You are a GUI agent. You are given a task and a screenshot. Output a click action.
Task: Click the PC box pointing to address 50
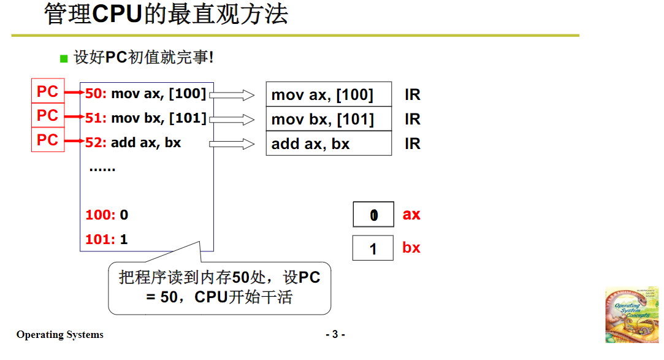pos(47,91)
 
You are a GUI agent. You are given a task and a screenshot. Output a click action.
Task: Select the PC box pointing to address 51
pos(47,115)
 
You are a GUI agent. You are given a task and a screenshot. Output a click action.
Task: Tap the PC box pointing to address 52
pos(47,140)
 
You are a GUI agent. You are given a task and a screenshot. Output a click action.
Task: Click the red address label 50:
pos(96,94)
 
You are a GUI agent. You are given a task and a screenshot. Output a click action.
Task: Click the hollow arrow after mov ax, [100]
pos(232,95)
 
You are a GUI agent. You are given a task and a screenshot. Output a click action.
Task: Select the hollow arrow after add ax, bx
pos(232,144)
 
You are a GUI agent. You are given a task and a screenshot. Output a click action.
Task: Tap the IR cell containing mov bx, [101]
pos(328,119)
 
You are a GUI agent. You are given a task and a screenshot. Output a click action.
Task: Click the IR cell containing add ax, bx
pos(328,144)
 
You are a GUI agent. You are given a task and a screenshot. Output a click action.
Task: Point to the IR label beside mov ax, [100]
pos(412,95)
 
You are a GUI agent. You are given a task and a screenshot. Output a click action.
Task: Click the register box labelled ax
pos(373,215)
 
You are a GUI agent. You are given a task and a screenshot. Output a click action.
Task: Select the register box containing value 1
pos(373,248)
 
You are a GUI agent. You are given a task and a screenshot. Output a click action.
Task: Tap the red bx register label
pos(411,248)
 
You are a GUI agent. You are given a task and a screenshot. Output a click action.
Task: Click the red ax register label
pos(411,215)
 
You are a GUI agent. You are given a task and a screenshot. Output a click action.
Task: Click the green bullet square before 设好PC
pos(63,59)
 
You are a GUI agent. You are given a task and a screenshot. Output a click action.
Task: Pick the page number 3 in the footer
pos(335,334)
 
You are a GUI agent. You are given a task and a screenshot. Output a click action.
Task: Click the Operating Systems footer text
pos(60,335)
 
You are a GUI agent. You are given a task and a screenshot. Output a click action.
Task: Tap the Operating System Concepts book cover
pos(631,313)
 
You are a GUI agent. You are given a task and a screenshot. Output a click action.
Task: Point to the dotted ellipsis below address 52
pos(102,169)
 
